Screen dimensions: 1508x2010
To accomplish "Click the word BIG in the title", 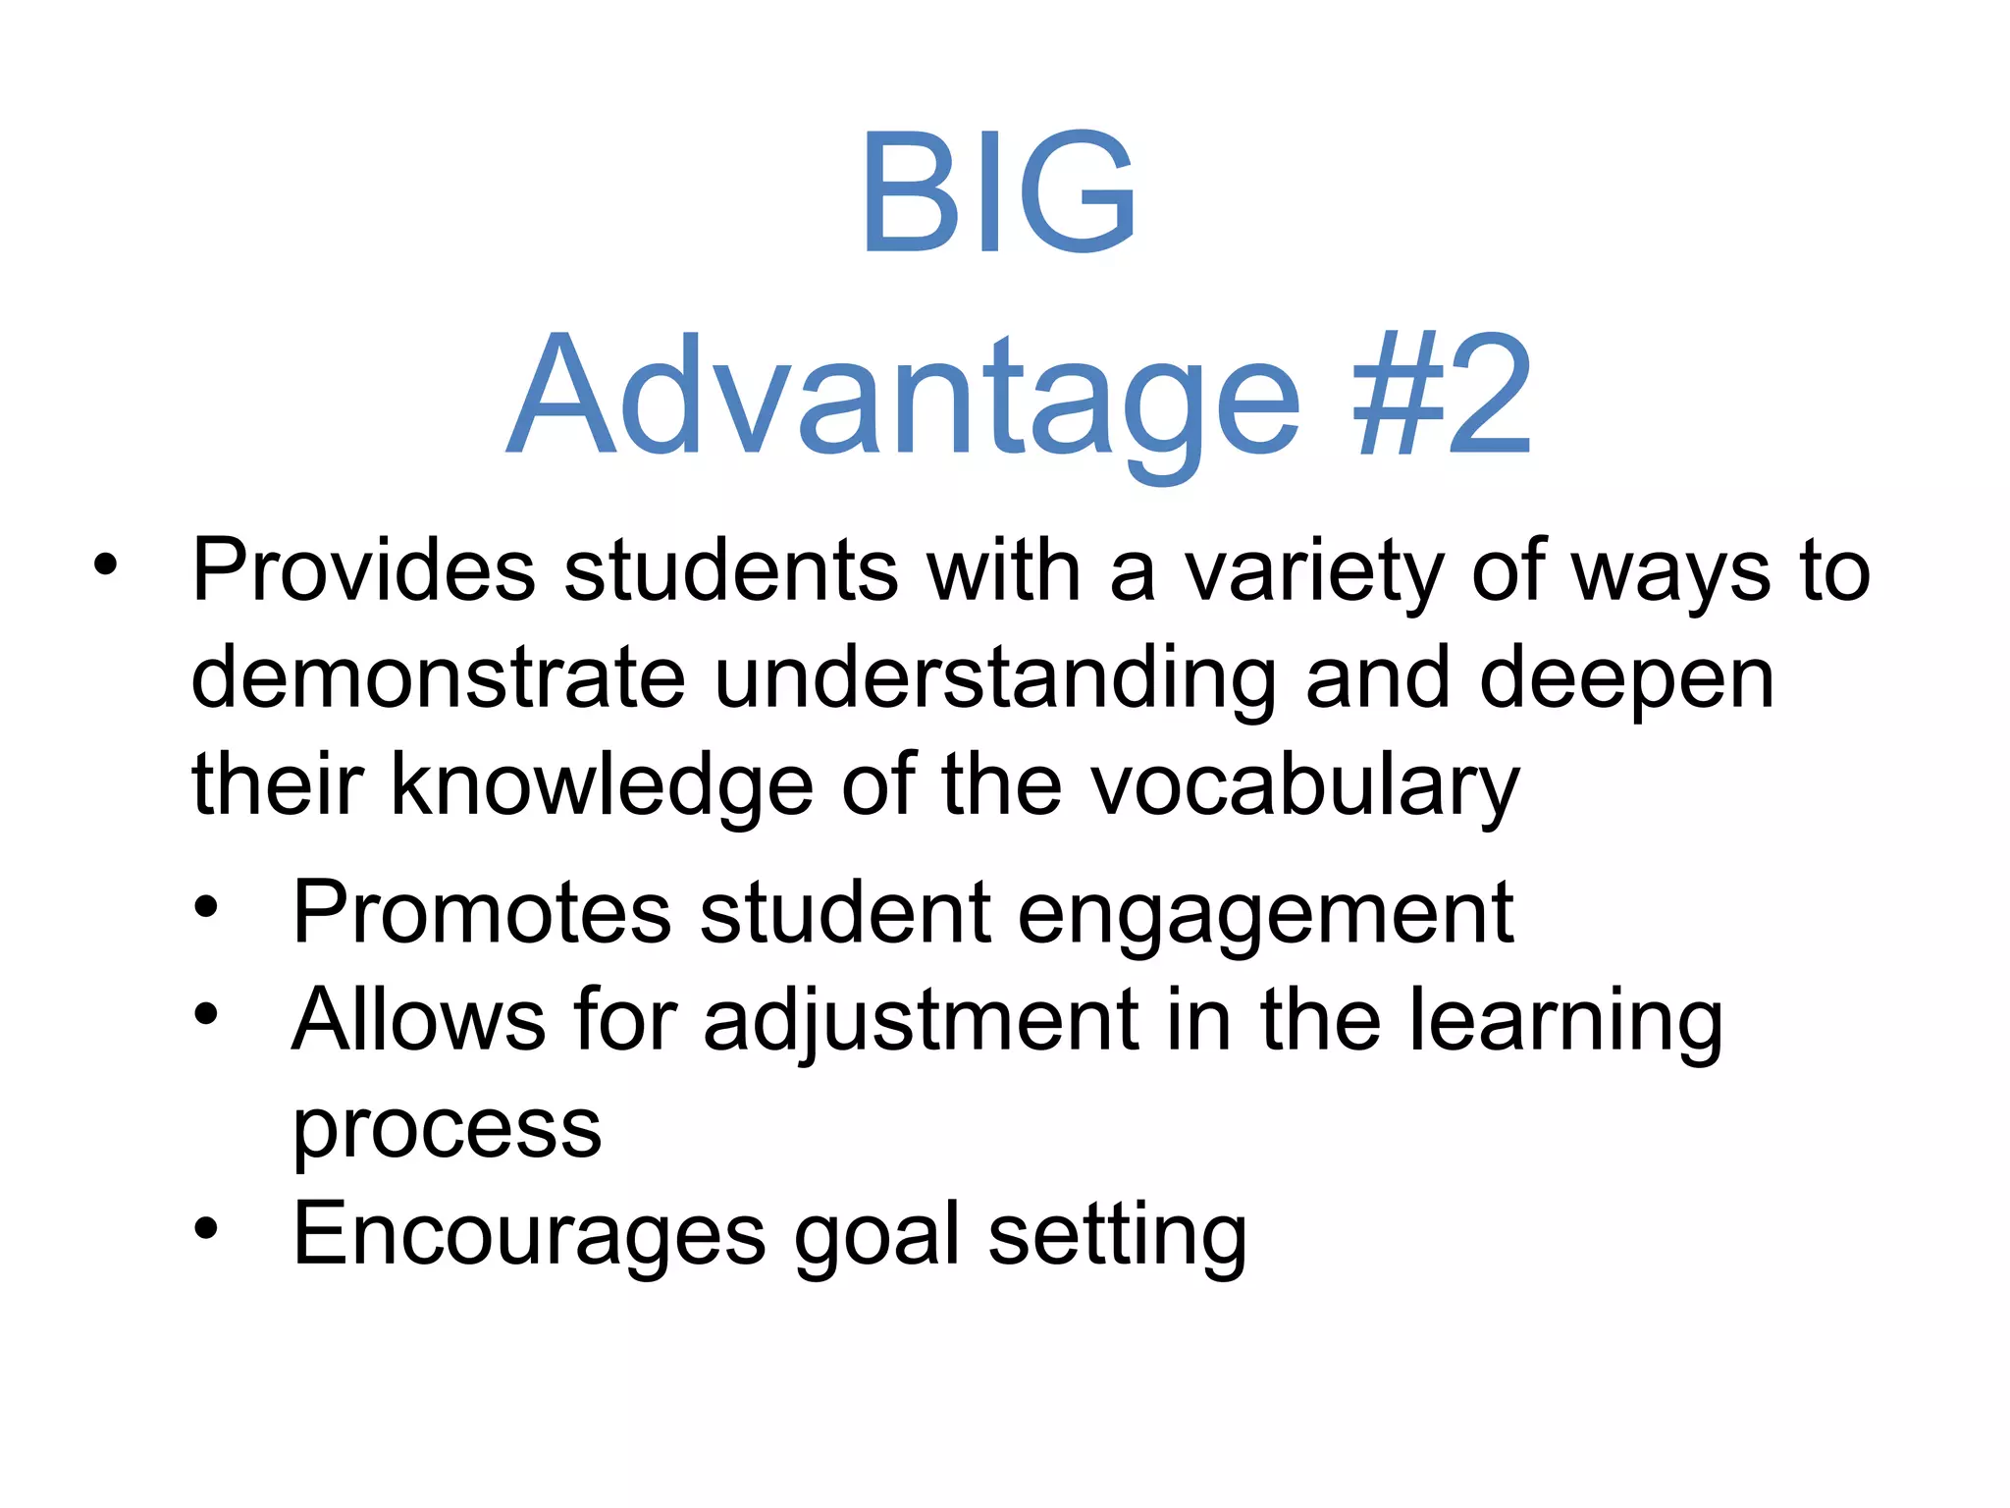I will coord(998,192).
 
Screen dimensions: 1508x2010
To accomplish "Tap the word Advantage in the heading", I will coord(903,398).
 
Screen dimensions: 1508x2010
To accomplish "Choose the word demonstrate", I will coord(438,678).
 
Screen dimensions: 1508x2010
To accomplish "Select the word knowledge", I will coord(602,787).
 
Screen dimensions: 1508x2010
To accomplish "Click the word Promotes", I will coord(482,913).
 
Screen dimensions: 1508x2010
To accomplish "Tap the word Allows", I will coord(418,1020).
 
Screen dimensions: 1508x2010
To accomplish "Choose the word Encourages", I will coord(529,1236).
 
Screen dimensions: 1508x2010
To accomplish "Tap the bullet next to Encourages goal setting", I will coord(205,1228).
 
